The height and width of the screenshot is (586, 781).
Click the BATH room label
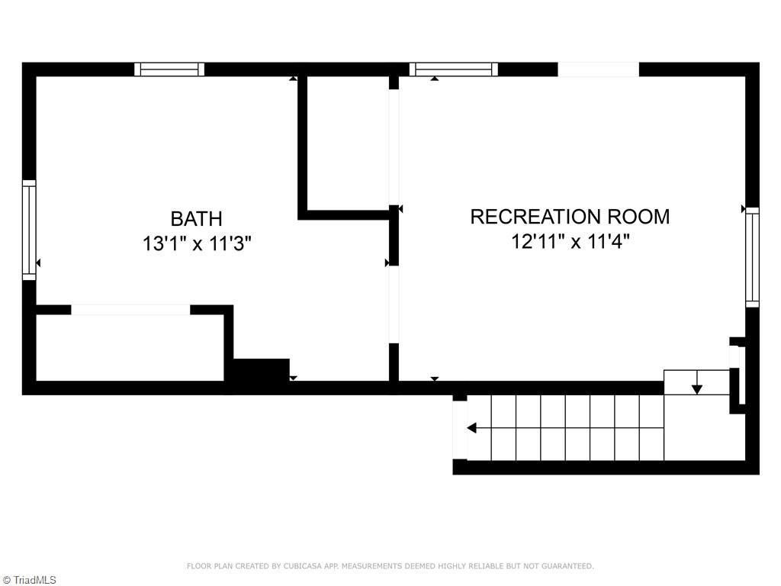coord(197,219)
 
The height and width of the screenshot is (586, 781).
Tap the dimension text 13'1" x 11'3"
coord(197,244)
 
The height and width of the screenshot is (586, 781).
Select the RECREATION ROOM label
coord(570,217)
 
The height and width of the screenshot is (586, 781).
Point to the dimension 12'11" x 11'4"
coord(570,242)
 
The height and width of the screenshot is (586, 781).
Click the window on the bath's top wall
coord(169,69)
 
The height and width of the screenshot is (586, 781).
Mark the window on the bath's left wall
coord(29,229)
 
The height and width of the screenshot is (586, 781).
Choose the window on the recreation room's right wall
coord(752,257)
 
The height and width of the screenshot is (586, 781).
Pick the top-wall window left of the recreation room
coord(453,69)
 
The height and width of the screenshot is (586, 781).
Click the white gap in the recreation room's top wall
coord(598,69)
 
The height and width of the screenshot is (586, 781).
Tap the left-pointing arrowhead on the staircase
coord(473,428)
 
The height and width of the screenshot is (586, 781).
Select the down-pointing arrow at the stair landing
coord(696,388)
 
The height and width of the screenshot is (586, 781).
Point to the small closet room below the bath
coord(130,347)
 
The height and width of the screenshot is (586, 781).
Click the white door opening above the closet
coord(130,310)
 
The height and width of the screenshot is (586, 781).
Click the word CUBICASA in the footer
coord(301,566)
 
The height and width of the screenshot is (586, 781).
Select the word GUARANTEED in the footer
coord(568,566)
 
